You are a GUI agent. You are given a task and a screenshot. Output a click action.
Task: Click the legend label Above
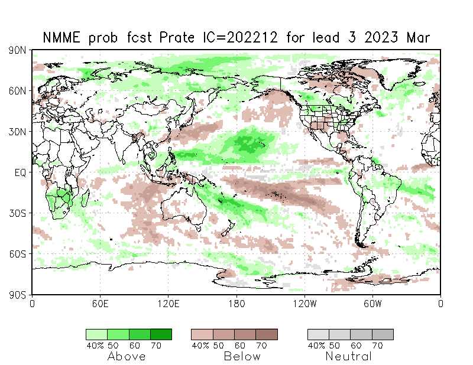pyautogui.click(x=127, y=356)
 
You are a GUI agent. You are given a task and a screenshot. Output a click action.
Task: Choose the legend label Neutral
pyautogui.click(x=349, y=356)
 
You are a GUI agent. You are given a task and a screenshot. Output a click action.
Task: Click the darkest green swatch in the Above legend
pyautogui.click(x=160, y=334)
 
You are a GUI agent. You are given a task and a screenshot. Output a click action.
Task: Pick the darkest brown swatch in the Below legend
pyautogui.click(x=266, y=334)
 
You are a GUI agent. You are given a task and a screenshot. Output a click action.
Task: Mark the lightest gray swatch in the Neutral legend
pyautogui.click(x=318, y=334)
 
